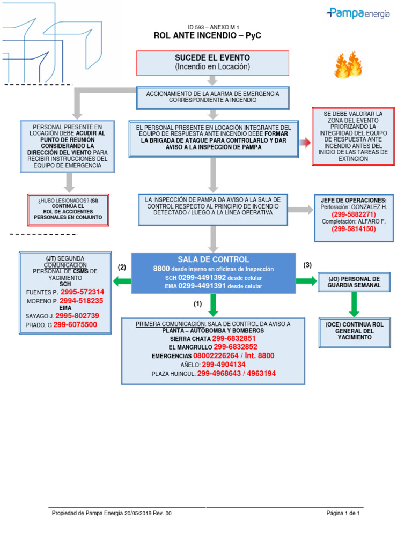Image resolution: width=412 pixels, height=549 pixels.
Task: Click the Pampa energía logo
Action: click(358, 13)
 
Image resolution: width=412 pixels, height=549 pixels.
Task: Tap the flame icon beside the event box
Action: click(348, 65)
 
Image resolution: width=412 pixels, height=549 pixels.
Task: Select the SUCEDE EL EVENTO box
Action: click(212, 63)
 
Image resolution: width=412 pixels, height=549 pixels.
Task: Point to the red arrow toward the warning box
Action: click(305, 142)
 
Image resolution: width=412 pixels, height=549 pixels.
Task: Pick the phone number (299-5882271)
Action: click(354, 214)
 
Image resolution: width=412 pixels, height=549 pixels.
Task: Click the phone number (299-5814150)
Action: click(354, 228)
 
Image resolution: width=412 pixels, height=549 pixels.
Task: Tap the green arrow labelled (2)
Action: click(122, 281)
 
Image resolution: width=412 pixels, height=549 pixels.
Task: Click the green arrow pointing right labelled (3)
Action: click(306, 281)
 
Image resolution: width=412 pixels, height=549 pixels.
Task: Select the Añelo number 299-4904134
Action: click(224, 365)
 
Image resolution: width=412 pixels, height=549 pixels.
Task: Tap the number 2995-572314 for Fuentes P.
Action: click(82, 292)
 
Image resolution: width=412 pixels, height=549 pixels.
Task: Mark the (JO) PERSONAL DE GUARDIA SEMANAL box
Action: click(354, 282)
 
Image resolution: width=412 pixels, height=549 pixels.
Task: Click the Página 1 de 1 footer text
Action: click(343, 513)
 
